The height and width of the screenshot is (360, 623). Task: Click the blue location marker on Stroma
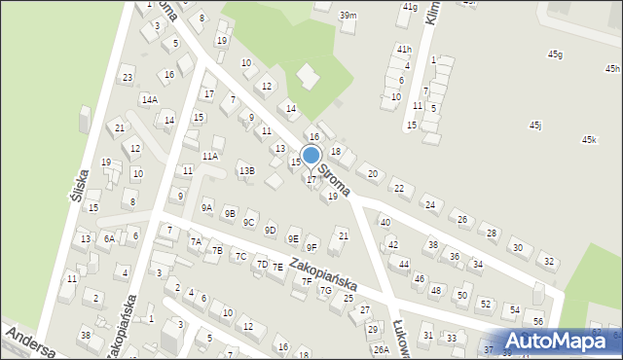click(311, 155)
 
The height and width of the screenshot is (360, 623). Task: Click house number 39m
click(348, 16)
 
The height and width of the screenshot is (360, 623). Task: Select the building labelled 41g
click(410, 7)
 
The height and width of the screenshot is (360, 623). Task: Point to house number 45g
click(555, 54)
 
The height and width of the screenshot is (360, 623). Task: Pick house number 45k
click(589, 140)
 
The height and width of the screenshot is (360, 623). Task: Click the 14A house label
click(149, 99)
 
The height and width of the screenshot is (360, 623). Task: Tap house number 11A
click(210, 156)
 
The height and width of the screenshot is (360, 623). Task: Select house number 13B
click(247, 171)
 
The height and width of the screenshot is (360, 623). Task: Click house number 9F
click(311, 248)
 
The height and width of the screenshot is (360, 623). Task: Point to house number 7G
click(325, 290)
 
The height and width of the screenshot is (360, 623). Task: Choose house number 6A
click(110, 237)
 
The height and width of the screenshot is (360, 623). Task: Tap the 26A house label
click(382, 349)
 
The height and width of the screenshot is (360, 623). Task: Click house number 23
click(127, 78)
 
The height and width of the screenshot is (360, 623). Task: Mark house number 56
click(538, 322)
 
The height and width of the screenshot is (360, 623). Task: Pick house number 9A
click(206, 207)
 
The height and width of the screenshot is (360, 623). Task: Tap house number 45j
click(535, 126)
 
